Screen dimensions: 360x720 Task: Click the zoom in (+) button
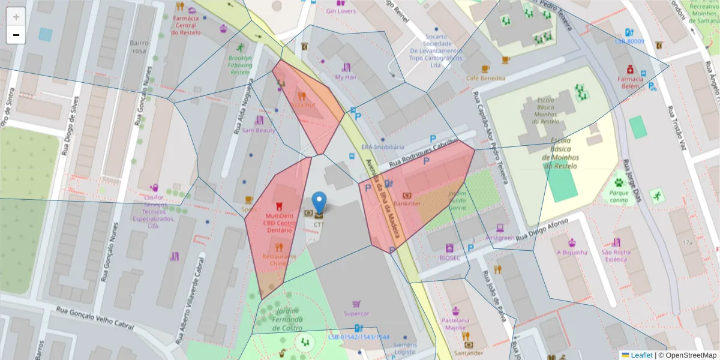pos(16,16)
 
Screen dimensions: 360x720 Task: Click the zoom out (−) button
pos(16,35)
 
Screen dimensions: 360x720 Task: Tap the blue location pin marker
pos(320,203)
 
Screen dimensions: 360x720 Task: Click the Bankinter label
pos(407,203)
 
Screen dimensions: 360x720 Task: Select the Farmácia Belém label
pos(630,82)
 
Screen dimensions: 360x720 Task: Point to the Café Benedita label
pos(486,78)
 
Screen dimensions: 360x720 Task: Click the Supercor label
pos(356,313)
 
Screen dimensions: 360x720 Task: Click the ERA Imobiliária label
pos(383,147)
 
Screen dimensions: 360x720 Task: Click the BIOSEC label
pos(449,258)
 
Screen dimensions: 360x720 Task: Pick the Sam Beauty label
pos(259,130)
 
